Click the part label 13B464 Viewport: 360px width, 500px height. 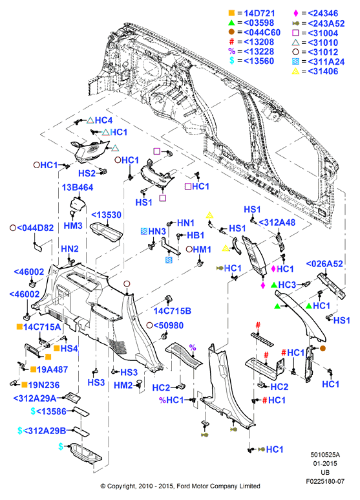point(78,187)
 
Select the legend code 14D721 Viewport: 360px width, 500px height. point(259,14)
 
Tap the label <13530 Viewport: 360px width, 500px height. point(107,215)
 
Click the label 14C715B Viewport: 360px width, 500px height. point(173,311)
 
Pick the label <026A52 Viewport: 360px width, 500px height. point(324,264)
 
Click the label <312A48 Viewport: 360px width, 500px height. point(277,223)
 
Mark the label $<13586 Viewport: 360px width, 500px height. point(48,411)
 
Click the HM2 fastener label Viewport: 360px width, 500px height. point(123,386)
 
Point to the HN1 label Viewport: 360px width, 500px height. point(185,223)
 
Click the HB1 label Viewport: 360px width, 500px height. point(195,235)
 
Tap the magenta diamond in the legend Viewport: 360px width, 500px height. point(295,13)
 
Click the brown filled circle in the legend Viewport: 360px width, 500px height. point(231,32)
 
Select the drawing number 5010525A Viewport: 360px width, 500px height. point(325,455)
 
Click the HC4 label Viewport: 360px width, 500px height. point(103,120)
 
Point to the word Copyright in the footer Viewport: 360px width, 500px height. point(121,486)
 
